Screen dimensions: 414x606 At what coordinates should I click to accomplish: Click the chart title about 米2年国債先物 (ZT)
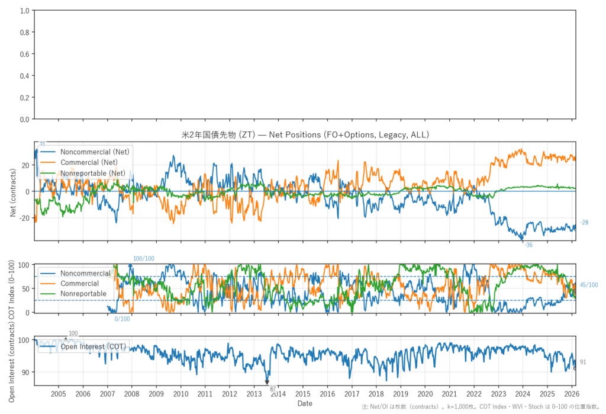(x=305, y=135)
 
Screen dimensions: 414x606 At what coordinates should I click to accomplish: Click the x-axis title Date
(x=305, y=403)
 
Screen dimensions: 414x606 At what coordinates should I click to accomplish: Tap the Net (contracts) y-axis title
(x=14, y=191)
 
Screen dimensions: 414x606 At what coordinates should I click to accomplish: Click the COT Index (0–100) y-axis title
(x=14, y=288)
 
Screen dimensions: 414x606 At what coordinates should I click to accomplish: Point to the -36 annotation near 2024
(x=528, y=245)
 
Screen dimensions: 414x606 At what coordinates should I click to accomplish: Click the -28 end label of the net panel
(x=584, y=223)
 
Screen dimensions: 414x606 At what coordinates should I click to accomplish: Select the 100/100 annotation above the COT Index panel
(x=143, y=258)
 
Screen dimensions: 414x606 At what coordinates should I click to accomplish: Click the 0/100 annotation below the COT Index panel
(x=122, y=319)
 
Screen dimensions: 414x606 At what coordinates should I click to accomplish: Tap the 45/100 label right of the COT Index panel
(x=589, y=285)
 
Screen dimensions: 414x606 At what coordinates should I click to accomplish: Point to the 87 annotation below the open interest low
(x=273, y=389)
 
